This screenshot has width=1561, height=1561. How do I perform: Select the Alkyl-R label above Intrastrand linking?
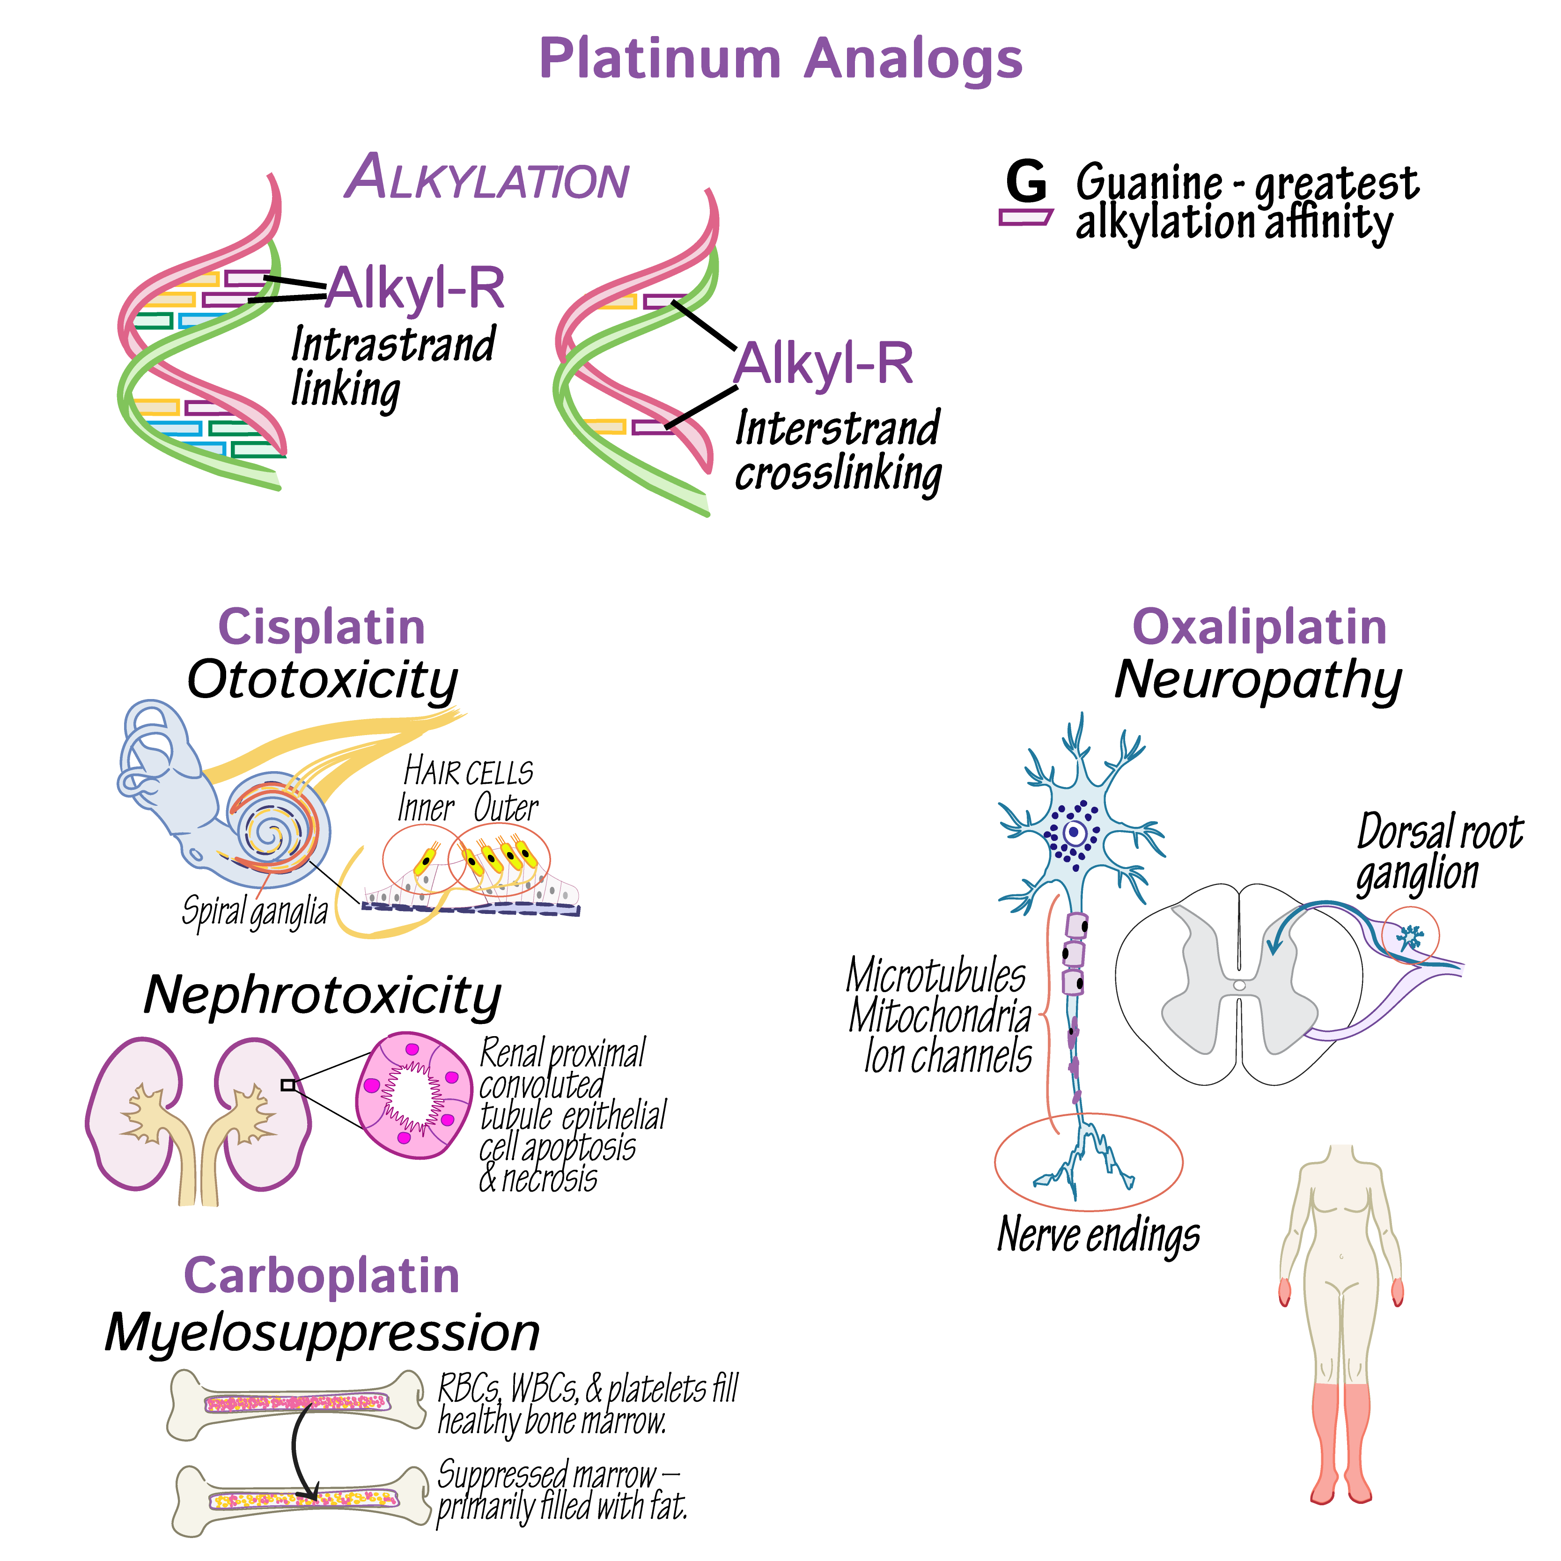tap(415, 288)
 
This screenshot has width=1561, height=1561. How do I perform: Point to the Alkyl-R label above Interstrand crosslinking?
tap(823, 364)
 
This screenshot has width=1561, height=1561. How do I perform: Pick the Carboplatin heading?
tap(322, 1276)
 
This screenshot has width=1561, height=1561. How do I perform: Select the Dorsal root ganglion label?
tap(1438, 853)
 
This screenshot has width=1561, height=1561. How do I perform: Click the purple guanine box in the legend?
tap(1025, 216)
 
